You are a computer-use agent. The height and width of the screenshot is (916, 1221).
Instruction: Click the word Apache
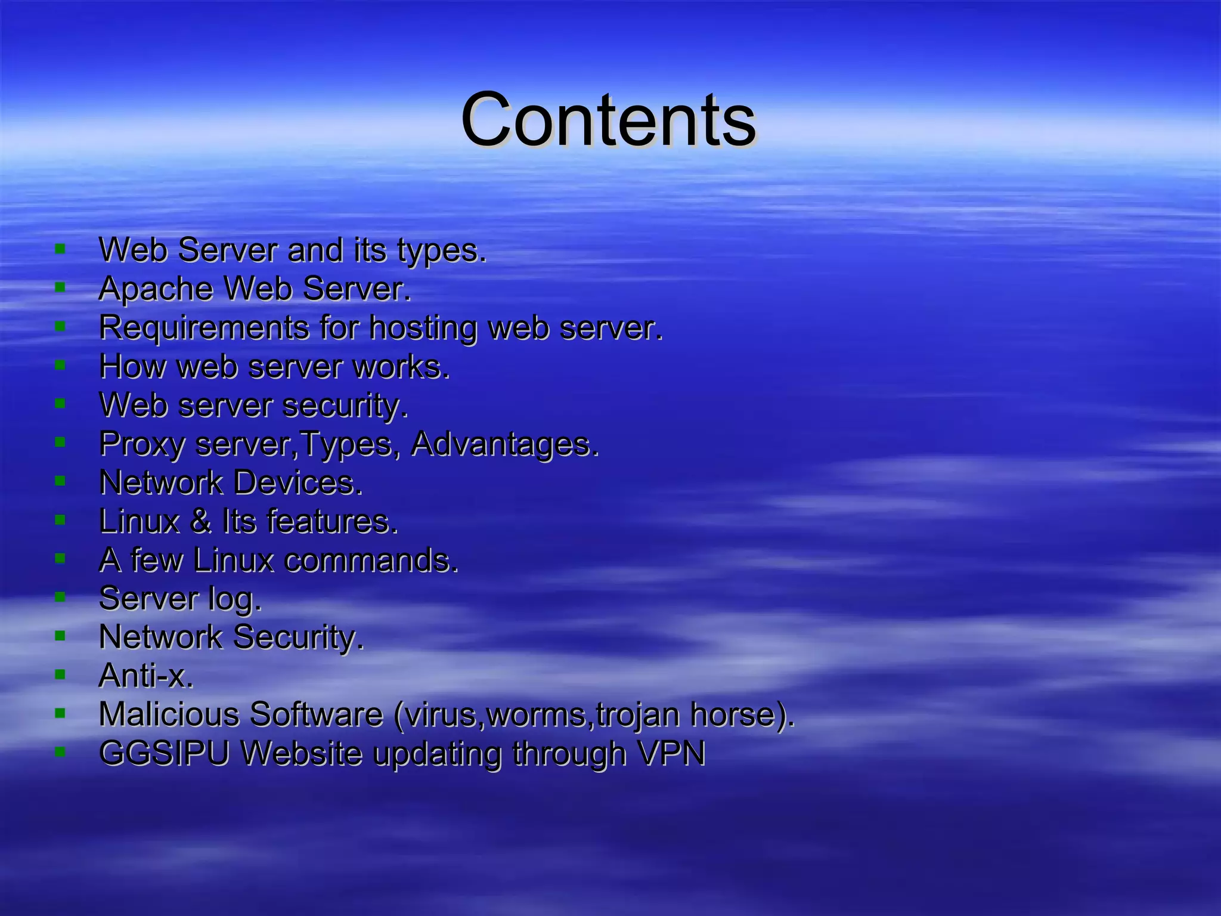coord(156,289)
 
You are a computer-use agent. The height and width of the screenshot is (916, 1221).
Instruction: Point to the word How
coord(132,366)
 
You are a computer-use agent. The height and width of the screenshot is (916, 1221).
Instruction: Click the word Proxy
coord(142,445)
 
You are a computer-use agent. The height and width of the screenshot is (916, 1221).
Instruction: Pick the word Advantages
coord(504,445)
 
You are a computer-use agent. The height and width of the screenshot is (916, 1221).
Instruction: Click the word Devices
coord(297,482)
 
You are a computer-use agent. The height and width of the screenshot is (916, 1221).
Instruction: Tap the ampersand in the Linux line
coord(201,521)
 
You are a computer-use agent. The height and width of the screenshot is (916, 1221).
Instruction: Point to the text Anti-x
coord(146,676)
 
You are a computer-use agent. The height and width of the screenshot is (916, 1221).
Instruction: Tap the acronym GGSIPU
coord(164,753)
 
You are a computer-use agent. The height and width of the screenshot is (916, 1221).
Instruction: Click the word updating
coord(438,754)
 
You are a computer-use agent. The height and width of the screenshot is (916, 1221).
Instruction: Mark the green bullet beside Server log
coord(60,597)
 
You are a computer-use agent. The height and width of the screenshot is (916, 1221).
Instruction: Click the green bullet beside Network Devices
coord(60,481)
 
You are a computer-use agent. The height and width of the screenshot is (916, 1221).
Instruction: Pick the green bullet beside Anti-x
coord(60,674)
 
